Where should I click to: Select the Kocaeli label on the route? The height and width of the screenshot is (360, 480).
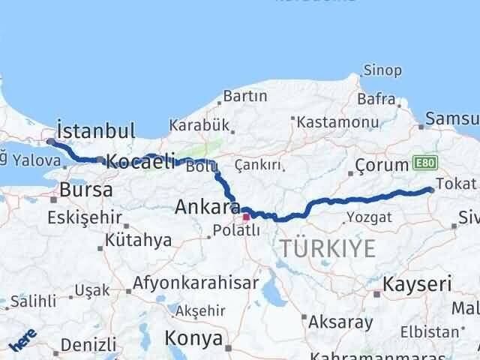pos(140,161)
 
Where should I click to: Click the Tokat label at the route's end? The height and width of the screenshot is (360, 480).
pos(460,184)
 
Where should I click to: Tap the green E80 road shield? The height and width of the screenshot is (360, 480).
pos(422,164)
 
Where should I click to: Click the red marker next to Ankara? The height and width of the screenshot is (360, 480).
pos(246,217)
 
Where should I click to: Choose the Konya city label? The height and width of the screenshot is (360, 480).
pos(193,338)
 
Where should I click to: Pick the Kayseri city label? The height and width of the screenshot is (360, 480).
pos(417,284)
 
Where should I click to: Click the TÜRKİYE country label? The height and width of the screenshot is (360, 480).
pos(328,249)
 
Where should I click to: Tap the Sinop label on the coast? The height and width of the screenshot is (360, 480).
pos(382,70)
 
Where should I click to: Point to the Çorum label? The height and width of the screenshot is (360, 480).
pos(381,164)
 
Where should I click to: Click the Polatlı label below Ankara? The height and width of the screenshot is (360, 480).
pos(235,230)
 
